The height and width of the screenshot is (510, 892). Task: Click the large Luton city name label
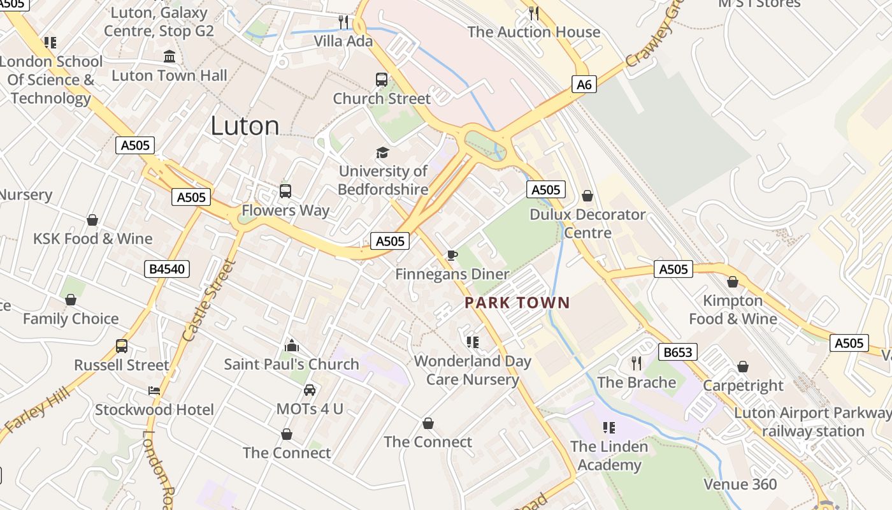coord(245,126)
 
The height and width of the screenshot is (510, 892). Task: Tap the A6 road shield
coord(584,84)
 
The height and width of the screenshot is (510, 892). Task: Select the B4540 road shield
coord(167,269)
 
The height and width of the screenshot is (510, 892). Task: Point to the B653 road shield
coord(677,352)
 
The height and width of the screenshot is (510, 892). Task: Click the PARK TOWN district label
coord(517,303)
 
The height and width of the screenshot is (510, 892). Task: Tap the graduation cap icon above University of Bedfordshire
coord(382,152)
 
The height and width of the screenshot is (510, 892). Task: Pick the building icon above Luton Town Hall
coord(169,57)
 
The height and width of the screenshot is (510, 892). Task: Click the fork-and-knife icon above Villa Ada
coord(343,22)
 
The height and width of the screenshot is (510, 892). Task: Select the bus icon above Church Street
coord(382,80)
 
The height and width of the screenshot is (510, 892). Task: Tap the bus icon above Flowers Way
coord(285,191)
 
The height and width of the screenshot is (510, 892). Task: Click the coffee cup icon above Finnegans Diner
coord(452,256)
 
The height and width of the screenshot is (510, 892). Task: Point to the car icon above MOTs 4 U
coord(310,390)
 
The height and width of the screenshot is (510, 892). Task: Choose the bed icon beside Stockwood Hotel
coord(154,391)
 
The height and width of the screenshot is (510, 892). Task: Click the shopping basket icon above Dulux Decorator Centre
coord(587,196)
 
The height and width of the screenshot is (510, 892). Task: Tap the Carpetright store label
coord(743,385)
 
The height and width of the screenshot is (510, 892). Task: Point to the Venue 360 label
coord(740,484)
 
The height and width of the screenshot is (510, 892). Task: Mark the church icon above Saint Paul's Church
coord(292,346)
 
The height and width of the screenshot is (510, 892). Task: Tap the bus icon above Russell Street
coord(122,346)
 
